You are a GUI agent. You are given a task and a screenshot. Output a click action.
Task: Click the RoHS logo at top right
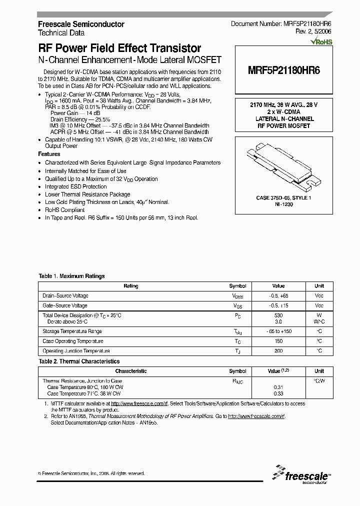pyautogui.click(x=321, y=42)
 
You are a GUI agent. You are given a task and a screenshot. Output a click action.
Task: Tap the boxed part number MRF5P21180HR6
pyautogui.click(x=283, y=71)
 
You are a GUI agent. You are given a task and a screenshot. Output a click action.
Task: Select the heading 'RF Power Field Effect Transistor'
pyautogui.click(x=120, y=48)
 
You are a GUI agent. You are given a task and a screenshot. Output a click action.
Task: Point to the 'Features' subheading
pyautogui.click(x=49, y=154)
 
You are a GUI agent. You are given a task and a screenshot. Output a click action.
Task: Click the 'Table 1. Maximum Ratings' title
pyautogui.click(x=71, y=276)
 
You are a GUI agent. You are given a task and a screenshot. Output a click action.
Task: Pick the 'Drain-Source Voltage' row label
pyautogui.click(x=65, y=296)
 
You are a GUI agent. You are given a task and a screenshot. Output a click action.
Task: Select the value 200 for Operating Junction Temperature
pyautogui.click(x=278, y=351)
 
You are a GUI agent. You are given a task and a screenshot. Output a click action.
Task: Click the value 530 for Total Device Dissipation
pyautogui.click(x=278, y=315)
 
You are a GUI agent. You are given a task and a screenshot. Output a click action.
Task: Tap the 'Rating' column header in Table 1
pyautogui.click(x=130, y=286)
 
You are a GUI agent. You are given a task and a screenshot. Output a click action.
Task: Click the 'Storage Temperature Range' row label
pyautogui.click(x=72, y=331)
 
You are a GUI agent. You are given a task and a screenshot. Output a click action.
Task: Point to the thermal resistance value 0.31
pyautogui.click(x=278, y=387)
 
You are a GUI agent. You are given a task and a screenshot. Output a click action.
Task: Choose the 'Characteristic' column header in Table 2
pyautogui.click(x=130, y=371)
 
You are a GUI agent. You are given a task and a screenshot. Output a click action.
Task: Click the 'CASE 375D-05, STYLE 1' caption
pyautogui.click(x=283, y=198)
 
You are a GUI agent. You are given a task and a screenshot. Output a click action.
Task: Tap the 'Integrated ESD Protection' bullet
pyautogui.click(x=75, y=186)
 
